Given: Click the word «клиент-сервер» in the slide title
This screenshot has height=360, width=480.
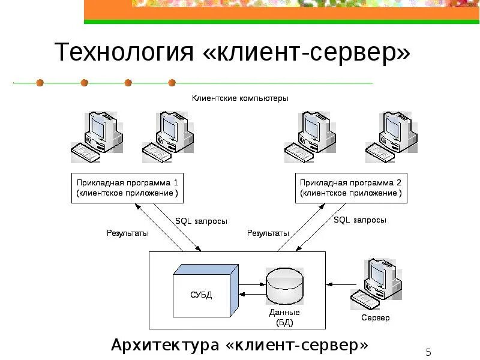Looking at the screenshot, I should pyautogui.click(x=308, y=53).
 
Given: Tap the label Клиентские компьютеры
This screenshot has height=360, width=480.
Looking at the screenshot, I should pyautogui.click(x=240, y=97).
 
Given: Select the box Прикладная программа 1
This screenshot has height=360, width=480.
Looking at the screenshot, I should pyautogui.click(x=127, y=187).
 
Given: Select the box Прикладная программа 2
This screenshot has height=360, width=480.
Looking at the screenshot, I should pyautogui.click(x=350, y=187).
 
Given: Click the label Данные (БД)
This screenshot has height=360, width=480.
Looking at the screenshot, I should pyautogui.click(x=284, y=317).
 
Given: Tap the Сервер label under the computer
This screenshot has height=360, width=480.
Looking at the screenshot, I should pyautogui.click(x=376, y=317).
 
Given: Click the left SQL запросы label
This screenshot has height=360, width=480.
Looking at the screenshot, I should pyautogui.click(x=201, y=221).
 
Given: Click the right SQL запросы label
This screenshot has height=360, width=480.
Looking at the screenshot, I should pyautogui.click(x=359, y=220).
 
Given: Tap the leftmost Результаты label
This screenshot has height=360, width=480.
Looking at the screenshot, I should pyautogui.click(x=128, y=233).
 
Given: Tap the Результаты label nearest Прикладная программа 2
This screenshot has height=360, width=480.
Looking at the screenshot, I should pyautogui.click(x=268, y=233).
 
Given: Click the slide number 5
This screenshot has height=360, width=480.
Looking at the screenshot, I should pyautogui.click(x=428, y=352).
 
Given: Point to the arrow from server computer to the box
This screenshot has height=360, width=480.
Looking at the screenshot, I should pyautogui.click(x=341, y=283).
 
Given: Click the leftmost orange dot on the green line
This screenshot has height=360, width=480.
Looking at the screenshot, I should pyautogui.click(x=40, y=82).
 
